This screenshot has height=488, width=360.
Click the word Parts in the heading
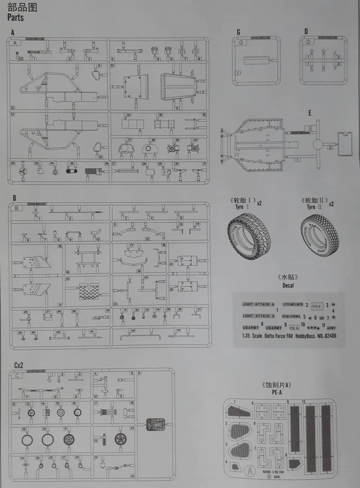coord(16,18)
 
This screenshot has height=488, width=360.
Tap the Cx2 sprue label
coord(19,365)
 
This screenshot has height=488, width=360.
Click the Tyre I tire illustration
coord(248,235)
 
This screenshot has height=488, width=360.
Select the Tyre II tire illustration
coord(319,235)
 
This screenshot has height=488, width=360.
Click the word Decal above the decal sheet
coord(288,285)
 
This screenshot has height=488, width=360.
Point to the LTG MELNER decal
coord(293,305)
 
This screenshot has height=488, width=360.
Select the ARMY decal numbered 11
coord(331,328)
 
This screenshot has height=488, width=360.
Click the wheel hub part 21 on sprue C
coord(69,439)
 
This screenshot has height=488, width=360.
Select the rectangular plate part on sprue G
coord(256,61)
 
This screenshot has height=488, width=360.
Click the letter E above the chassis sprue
coord(310,113)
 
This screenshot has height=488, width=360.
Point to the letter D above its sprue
coord(306,31)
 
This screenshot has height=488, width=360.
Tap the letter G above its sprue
coord(238,32)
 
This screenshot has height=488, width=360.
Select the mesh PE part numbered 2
coord(239,431)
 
